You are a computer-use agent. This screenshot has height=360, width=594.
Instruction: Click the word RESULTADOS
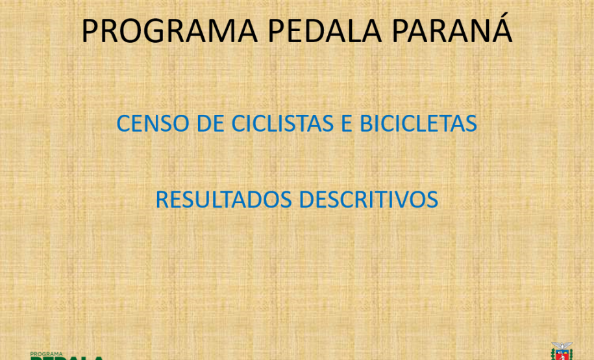[224, 200]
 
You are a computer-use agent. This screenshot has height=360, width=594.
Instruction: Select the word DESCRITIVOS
[369, 200]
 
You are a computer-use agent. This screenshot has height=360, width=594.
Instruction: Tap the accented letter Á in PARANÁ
[501, 30]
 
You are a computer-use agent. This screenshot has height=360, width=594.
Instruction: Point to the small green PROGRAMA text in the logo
[46, 354]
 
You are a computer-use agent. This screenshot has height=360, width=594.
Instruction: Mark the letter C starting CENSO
[123, 123]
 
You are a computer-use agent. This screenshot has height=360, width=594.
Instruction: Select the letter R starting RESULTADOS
[162, 200]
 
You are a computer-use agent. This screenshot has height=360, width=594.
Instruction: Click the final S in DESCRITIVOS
[432, 200]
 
